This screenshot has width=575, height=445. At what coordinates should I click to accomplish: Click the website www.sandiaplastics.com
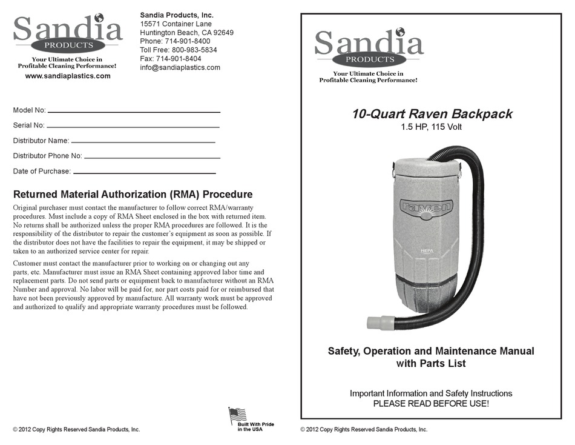point(68,76)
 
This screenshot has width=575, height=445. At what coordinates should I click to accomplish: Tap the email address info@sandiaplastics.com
point(180,67)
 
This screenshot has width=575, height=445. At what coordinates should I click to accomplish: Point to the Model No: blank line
point(134,112)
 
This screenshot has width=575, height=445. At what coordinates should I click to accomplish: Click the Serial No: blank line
point(133,127)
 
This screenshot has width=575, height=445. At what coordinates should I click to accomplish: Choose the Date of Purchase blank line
point(144,173)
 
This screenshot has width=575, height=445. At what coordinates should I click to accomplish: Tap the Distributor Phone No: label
point(47,156)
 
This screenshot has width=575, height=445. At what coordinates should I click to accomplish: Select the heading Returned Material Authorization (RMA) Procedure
point(133,195)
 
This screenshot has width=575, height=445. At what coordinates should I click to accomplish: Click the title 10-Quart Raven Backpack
point(432,114)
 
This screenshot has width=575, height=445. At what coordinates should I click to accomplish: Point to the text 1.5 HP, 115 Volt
point(431,127)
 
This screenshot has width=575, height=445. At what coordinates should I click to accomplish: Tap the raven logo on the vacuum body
point(425,207)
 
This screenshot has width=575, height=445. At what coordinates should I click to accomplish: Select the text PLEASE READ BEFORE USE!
point(431,403)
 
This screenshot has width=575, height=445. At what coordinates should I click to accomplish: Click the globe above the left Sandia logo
point(99,18)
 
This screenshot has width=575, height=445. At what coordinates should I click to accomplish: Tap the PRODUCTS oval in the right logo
point(369,59)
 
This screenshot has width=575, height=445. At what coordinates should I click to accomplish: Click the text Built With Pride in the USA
point(255,427)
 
